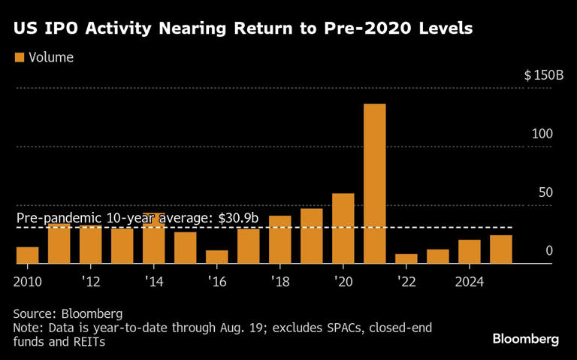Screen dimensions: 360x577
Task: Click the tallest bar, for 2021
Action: pos(374,183)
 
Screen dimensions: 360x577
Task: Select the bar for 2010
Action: pos(27,255)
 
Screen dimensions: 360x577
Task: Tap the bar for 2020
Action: pos(343,228)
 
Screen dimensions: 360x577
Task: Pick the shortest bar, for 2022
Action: pos(406,259)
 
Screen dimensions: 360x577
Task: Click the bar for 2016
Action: pos(216,257)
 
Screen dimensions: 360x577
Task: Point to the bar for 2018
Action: pos(279,240)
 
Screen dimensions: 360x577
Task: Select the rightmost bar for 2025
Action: pos(500,250)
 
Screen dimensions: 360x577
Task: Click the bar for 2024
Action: pos(469,252)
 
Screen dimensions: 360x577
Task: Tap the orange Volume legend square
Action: pos(20,57)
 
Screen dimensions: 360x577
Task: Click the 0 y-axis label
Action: pos(548,250)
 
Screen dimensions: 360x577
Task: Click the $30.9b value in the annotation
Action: pos(238,218)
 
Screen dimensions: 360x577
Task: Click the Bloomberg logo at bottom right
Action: pos(525,339)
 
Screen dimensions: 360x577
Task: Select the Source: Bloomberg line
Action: pos(68,313)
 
